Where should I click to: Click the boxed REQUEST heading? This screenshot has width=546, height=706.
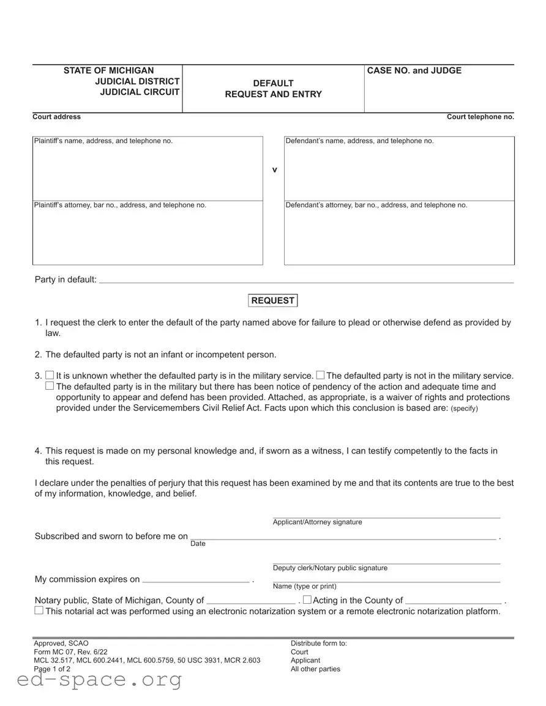pyautogui.click(x=272, y=300)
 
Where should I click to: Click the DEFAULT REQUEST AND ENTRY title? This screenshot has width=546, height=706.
pyautogui.click(x=273, y=89)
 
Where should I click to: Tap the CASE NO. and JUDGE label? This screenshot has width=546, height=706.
pyautogui.click(x=414, y=71)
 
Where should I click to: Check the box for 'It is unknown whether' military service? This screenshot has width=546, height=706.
pyautogui.click(x=49, y=376)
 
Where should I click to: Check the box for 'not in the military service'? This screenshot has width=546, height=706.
pyautogui.click(x=320, y=375)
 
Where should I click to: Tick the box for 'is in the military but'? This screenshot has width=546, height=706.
pyautogui.click(x=49, y=386)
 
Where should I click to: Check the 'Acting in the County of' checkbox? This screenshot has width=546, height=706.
pyautogui.click(x=307, y=600)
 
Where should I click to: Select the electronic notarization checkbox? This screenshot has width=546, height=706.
pyautogui.click(x=39, y=611)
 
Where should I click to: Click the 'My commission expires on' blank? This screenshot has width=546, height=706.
pyautogui.click(x=196, y=579)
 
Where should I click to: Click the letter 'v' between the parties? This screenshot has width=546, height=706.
pyautogui.click(x=274, y=169)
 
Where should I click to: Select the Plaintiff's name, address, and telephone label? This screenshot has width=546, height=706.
pyautogui.click(x=103, y=141)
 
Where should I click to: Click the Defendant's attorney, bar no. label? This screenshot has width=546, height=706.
pyautogui.click(x=376, y=206)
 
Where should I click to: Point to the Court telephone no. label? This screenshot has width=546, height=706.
pyautogui.click(x=480, y=117)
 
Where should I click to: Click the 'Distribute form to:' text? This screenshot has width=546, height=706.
pyautogui.click(x=318, y=644)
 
